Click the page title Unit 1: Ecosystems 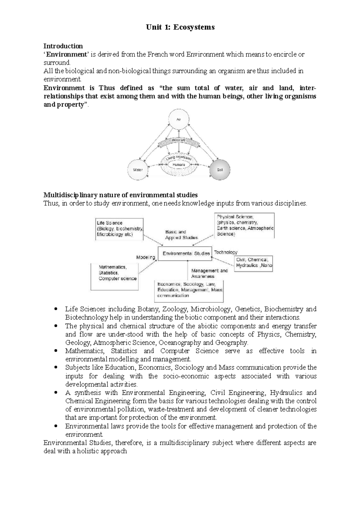180,27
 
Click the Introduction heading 63,46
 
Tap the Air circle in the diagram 179,119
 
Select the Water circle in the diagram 138,170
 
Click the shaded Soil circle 220,170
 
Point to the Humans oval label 179,165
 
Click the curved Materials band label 179,140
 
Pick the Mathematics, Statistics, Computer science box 115,276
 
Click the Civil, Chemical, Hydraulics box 253,263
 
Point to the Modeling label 146,257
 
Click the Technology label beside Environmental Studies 226,252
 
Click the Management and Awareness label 209,273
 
